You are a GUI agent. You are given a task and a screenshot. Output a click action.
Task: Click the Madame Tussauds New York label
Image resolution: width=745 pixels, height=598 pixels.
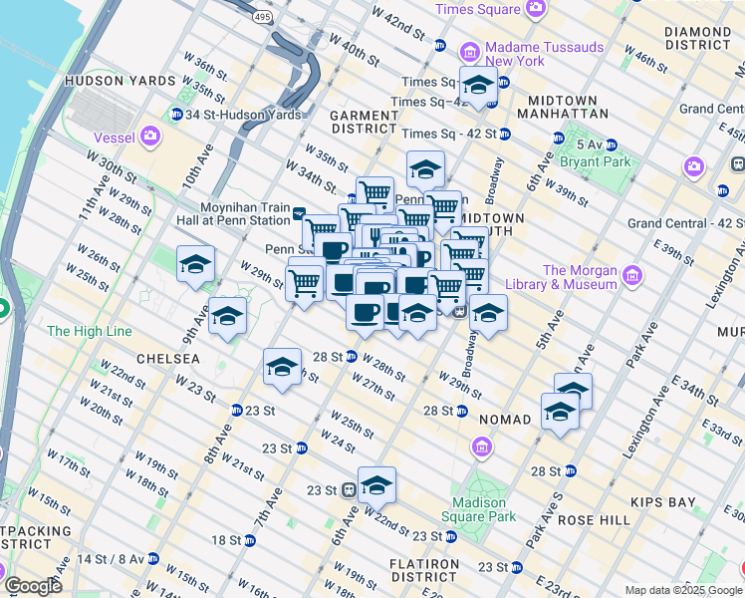coord(544,54)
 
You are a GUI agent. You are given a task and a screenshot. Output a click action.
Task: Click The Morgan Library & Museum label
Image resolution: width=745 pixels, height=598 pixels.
coord(581,277)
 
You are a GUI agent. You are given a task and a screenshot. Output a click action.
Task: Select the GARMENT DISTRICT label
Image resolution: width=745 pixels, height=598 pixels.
coord(365,122)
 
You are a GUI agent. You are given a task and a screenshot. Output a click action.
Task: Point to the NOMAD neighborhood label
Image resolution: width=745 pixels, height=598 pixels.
coord(505,420)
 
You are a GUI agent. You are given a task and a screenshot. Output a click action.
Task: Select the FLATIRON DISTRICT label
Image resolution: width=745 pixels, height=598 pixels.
coord(424,570)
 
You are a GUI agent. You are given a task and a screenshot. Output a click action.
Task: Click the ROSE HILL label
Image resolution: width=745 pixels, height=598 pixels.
coord(596,520)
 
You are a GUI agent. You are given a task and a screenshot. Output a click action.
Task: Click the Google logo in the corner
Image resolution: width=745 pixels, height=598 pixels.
coord(33,586)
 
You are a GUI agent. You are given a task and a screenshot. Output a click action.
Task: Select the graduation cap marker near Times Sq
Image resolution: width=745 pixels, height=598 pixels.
coord(478,85)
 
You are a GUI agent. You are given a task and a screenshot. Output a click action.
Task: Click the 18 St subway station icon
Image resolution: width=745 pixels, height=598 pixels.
coord(250,540)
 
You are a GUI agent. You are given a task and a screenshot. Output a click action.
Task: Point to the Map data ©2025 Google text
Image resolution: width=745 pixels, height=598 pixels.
coord(683,590)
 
